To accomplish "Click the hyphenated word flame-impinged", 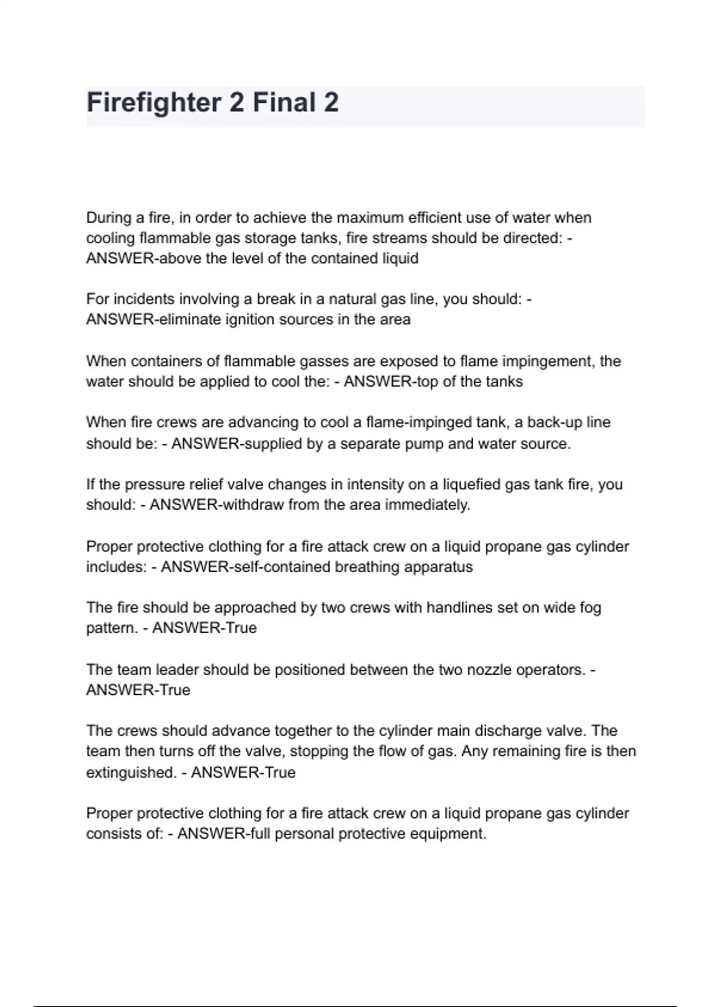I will (423, 422).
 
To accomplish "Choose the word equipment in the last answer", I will (445, 834).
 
